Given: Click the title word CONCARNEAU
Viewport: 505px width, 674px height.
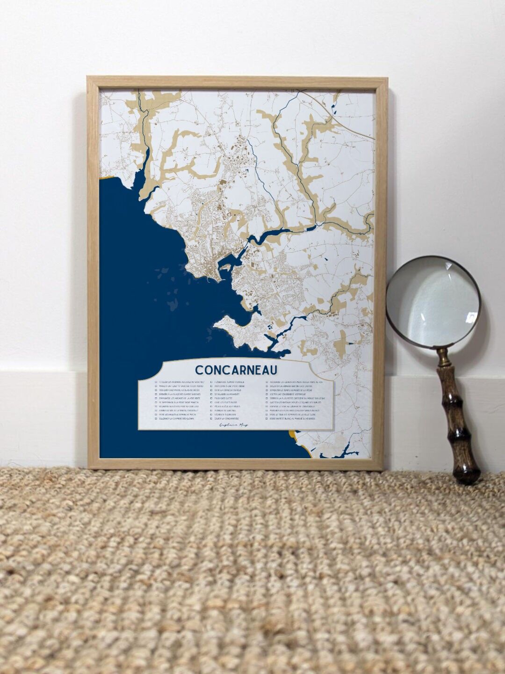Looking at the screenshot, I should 236,370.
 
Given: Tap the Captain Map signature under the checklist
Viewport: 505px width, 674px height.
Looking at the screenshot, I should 234,425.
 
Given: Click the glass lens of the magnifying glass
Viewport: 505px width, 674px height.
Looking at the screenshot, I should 433,302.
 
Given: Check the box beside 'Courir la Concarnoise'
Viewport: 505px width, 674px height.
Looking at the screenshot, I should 212,419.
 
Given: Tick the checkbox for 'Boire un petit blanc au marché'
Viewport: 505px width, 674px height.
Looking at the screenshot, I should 267,419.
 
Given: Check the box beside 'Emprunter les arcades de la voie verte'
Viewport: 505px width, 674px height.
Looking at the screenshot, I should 156,398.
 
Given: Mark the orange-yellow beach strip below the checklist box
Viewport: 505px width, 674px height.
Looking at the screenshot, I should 306,444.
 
